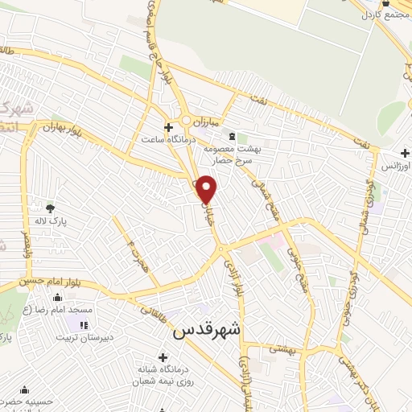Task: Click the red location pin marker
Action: (x=207, y=189)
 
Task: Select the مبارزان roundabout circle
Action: (x=186, y=122)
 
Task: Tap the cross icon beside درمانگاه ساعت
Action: (x=168, y=127)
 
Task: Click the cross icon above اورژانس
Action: (x=406, y=153)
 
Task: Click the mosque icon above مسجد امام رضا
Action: (x=56, y=299)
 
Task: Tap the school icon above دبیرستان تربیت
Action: (x=84, y=324)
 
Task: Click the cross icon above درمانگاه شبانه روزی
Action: (x=164, y=357)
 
